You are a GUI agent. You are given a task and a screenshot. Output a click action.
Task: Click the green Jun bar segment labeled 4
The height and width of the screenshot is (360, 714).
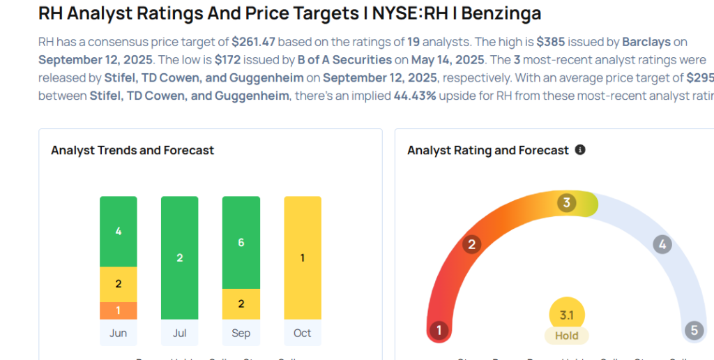pyautogui.click(x=118, y=231)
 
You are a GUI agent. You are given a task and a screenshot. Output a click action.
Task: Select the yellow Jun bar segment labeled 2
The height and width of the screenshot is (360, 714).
pyautogui.click(x=118, y=284)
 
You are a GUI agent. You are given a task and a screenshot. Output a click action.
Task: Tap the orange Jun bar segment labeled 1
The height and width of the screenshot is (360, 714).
pyautogui.click(x=118, y=310)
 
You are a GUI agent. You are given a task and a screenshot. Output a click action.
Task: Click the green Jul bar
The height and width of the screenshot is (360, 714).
pyautogui.click(x=179, y=257)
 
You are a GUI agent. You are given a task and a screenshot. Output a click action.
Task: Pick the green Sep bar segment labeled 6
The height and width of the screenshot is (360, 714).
pyautogui.click(x=241, y=242)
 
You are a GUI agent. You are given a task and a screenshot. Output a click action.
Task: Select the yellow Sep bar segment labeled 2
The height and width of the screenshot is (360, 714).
pyautogui.click(x=241, y=303)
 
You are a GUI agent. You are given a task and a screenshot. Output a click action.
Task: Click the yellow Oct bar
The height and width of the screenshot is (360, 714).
pyautogui.click(x=302, y=257)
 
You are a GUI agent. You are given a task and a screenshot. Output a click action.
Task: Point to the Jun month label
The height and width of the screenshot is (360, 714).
pyautogui.click(x=118, y=333)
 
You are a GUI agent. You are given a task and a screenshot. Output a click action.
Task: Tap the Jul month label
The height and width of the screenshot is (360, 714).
pyautogui.click(x=179, y=333)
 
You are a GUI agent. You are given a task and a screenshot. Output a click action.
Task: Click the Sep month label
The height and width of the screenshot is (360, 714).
pyautogui.click(x=241, y=333)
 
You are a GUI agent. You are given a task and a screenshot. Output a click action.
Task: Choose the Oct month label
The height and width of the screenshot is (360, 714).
pyautogui.click(x=302, y=333)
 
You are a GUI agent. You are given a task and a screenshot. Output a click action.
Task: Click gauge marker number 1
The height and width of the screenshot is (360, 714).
pyautogui.click(x=439, y=330)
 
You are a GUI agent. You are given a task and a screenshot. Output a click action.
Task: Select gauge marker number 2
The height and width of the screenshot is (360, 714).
pyautogui.click(x=472, y=244)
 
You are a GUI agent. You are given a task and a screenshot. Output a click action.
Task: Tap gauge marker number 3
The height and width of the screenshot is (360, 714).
pyautogui.click(x=567, y=203)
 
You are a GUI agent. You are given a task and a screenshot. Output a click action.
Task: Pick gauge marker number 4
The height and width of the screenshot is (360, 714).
pyautogui.click(x=662, y=245)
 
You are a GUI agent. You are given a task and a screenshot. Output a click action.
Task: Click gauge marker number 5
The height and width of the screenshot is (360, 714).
pyautogui.click(x=694, y=330)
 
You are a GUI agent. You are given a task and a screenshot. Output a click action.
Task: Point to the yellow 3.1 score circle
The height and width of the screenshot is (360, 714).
pyautogui.click(x=566, y=315)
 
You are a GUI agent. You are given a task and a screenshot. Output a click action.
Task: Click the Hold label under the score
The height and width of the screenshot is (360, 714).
pyautogui.click(x=566, y=336)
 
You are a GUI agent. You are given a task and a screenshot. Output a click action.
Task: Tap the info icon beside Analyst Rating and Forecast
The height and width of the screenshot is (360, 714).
pyautogui.click(x=580, y=150)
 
